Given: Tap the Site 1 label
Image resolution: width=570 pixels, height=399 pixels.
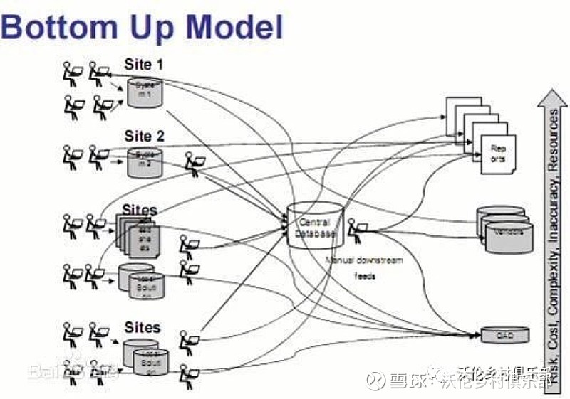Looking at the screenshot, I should [x=144, y=65].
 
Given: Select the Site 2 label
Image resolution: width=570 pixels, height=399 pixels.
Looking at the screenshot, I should [x=144, y=135].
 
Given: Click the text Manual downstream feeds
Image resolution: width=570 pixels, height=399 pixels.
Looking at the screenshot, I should [x=364, y=268].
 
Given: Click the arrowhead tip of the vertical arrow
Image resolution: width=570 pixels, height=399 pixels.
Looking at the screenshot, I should [x=551, y=92].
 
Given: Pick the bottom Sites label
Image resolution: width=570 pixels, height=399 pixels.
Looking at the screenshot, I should [x=142, y=328].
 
